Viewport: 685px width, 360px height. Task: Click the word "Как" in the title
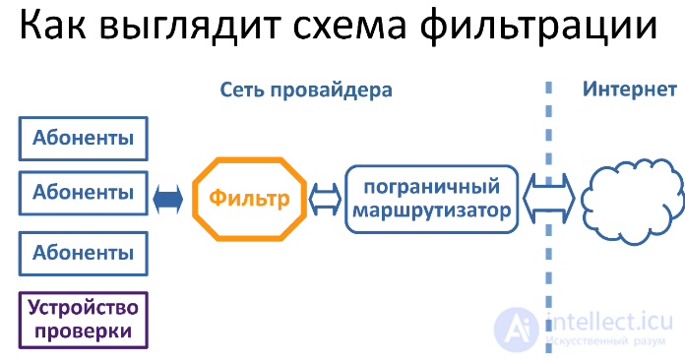(53, 26)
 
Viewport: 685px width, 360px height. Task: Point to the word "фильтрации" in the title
(538, 28)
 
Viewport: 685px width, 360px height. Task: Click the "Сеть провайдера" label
(306, 90)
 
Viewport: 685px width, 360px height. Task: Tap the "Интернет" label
(630, 90)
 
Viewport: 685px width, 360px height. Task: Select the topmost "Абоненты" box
(83, 139)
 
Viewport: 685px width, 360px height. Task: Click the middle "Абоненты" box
(83, 193)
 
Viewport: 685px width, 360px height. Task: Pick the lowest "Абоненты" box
(83, 254)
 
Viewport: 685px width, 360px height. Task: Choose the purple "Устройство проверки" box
(83, 321)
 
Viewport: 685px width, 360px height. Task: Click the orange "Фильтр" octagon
(249, 199)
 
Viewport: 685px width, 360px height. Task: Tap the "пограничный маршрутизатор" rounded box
(432, 199)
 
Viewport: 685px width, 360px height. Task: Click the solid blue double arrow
(168, 199)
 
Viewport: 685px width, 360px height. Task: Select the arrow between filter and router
(325, 199)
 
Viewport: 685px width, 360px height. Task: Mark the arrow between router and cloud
(549, 199)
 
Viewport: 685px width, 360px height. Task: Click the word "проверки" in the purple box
(83, 331)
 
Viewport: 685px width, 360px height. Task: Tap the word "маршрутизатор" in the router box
(432, 211)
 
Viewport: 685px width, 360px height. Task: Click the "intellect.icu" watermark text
(611, 322)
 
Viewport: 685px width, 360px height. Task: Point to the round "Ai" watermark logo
(517, 330)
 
